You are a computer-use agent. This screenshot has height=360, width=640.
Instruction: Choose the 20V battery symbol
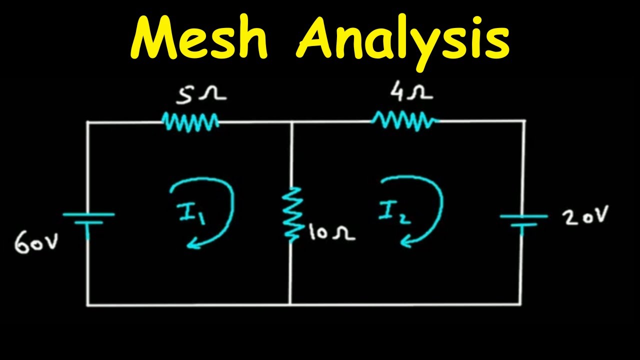point(523,220)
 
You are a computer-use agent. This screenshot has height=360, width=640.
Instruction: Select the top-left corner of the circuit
point(88,121)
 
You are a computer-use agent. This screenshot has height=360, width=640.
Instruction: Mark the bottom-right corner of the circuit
point(521,304)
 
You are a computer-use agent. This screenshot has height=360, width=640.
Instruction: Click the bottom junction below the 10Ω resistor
point(290,304)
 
